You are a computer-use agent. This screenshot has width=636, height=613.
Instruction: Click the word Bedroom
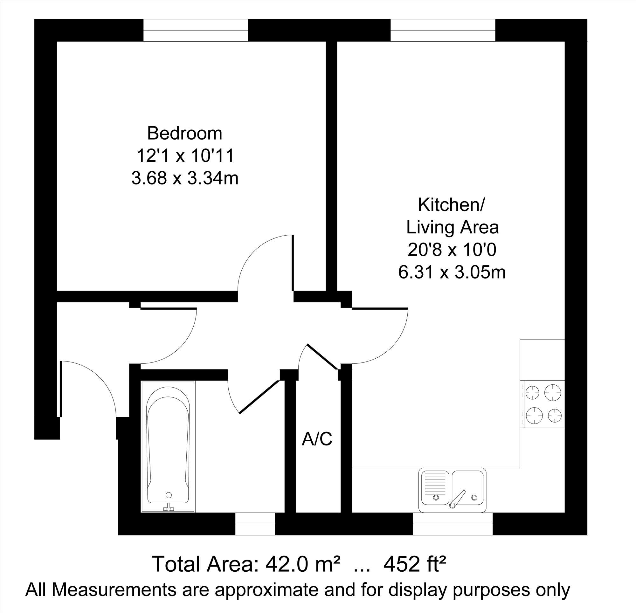coord(185,133)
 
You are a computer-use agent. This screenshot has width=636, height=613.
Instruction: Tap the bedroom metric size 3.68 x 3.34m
coord(185,178)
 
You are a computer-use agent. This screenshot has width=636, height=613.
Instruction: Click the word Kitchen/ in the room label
coord(451,205)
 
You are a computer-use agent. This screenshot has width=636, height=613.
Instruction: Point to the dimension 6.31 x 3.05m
coord(452,272)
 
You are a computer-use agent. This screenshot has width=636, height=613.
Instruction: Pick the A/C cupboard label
coord(317,439)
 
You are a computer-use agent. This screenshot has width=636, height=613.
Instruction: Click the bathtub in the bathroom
coord(168,447)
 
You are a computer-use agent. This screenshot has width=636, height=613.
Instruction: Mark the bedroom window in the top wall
coord(196,31)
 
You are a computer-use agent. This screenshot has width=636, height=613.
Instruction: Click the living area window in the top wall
coord(443,31)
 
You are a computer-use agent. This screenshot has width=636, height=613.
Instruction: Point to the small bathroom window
coord(255,524)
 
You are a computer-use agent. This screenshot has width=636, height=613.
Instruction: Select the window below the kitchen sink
coord(453,524)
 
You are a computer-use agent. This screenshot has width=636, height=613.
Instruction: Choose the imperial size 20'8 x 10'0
coord(452,250)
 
